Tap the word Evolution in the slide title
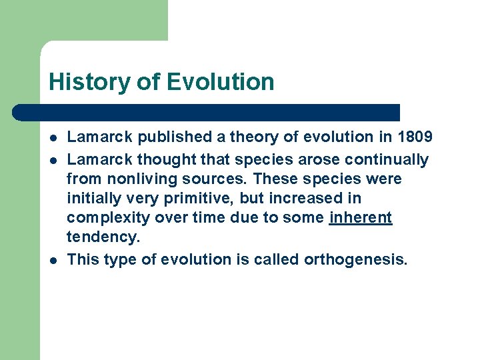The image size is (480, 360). pyautogui.click(x=220, y=82)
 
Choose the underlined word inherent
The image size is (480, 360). pyautogui.click(x=361, y=219)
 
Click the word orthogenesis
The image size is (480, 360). pyautogui.click(x=355, y=259)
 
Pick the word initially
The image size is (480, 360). pyautogui.click(x=94, y=199)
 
